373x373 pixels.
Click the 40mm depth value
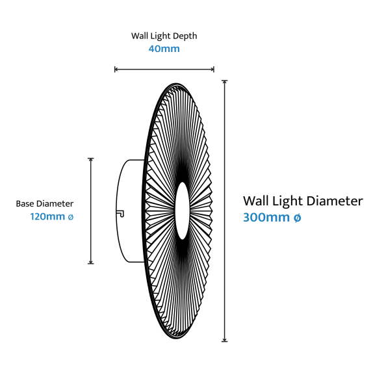point(164,49)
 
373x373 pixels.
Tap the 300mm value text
point(266,217)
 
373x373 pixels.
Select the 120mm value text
point(47,216)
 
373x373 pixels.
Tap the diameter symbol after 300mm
point(298,217)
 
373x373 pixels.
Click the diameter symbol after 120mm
point(71,216)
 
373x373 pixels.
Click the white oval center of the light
point(182,211)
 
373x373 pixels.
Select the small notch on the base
point(121,214)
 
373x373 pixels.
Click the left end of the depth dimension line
point(115,70)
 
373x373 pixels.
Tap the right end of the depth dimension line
point(214,70)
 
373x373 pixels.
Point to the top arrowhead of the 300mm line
point(225,81)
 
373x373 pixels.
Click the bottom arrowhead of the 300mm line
point(225,341)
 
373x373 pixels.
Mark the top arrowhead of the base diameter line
point(90,159)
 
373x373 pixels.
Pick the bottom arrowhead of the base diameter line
point(90,263)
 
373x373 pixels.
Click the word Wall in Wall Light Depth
point(139,36)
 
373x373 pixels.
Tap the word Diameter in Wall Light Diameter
point(335,201)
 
